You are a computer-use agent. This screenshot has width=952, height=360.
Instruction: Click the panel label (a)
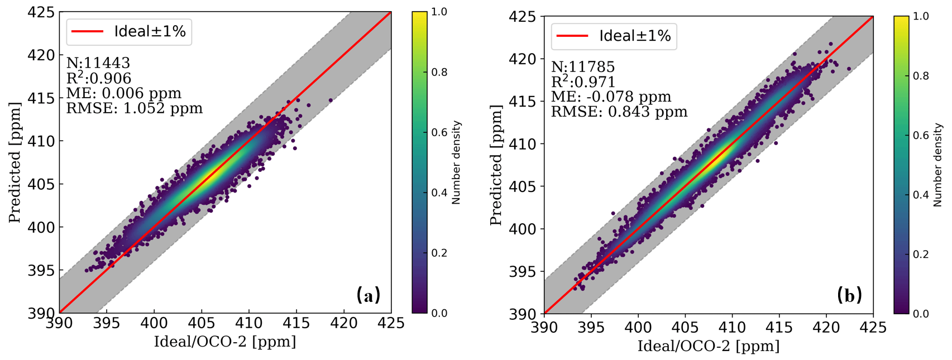click(x=369, y=295)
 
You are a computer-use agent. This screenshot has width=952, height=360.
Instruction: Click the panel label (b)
click(x=849, y=295)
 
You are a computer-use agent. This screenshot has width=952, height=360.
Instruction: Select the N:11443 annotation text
click(x=98, y=63)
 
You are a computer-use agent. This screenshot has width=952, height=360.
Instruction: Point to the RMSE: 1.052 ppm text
click(x=135, y=108)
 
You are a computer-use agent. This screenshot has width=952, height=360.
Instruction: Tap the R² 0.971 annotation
click(x=583, y=82)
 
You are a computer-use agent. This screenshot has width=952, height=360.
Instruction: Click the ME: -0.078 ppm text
click(x=611, y=97)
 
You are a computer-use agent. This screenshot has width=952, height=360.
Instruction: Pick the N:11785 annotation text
click(x=583, y=67)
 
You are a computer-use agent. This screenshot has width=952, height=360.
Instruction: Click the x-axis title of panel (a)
click(x=225, y=342)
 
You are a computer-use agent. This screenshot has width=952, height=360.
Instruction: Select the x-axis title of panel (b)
click(x=709, y=346)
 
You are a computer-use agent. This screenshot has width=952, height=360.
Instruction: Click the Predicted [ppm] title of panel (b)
click(x=496, y=165)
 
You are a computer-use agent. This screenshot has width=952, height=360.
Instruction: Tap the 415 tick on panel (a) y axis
click(x=42, y=98)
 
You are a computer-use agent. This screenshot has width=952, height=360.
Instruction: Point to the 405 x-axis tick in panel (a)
click(x=201, y=323)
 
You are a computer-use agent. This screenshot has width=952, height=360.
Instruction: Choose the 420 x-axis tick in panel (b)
click(x=826, y=327)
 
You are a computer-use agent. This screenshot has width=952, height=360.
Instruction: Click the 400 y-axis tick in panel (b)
click(x=523, y=229)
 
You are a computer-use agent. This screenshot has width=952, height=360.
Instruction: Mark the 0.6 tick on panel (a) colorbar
click(x=439, y=132)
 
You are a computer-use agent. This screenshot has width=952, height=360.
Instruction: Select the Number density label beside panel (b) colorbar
click(x=938, y=165)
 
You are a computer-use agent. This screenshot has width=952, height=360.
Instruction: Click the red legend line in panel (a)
click(x=85, y=32)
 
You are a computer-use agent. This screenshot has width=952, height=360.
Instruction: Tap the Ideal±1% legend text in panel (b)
click(x=635, y=36)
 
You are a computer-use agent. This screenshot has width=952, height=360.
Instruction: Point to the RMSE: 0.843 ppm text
click(x=619, y=112)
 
